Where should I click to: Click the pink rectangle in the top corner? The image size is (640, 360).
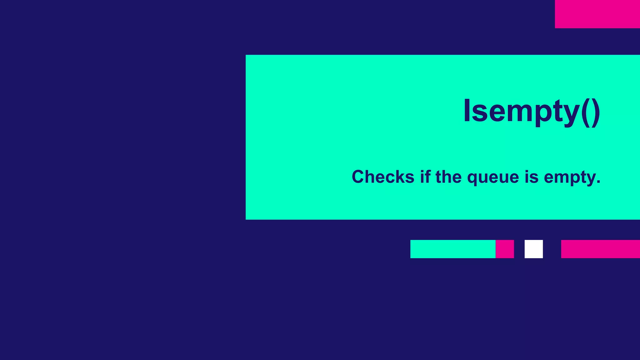pyautogui.click(x=597, y=14)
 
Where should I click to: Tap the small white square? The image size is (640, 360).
pyautogui.click(x=533, y=249)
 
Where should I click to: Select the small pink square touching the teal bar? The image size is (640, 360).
pyautogui.click(x=505, y=249)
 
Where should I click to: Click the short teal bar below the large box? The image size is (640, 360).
pyautogui.click(x=453, y=249)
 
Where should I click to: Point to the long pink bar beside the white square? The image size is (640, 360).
pyautogui.click(x=600, y=249)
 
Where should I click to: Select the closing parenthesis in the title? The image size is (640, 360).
pyautogui.click(x=595, y=112)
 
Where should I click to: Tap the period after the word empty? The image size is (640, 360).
pyautogui.click(x=598, y=182)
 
